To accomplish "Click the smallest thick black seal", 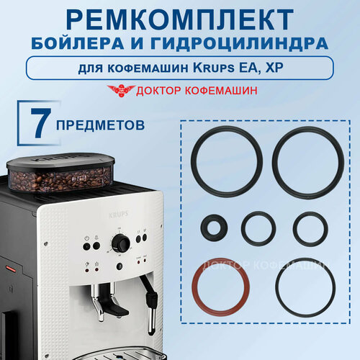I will tap(213, 228).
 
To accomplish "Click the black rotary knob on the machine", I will tap(121, 245).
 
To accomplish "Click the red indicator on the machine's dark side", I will tap(11, 268).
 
